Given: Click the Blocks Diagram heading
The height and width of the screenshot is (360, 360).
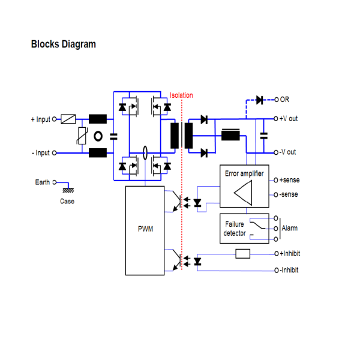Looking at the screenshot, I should click(63, 44).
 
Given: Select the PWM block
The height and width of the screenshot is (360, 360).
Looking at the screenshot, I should click(145, 230).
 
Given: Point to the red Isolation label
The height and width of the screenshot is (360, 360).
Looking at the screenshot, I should click(181, 95).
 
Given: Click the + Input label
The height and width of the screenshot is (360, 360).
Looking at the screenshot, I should click(41, 119).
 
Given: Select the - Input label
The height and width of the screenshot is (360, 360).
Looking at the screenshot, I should click(41, 153).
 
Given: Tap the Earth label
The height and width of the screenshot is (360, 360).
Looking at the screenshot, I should click(42, 182).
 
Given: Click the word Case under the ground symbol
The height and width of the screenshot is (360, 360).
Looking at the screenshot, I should click(67, 201).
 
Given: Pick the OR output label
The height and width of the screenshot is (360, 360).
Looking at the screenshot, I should click(284, 100).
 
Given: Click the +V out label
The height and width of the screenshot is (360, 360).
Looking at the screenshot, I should click(289, 119).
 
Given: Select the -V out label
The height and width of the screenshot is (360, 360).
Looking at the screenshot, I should click(288, 152).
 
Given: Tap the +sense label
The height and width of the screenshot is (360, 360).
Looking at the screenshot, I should click(289, 180).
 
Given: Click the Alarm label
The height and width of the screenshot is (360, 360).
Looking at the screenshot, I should click(289, 228).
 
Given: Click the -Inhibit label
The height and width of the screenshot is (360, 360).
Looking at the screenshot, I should click(289, 271).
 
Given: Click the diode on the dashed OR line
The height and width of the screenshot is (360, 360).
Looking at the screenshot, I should click(260, 100).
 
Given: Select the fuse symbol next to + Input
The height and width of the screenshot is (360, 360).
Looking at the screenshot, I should click(68, 119).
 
